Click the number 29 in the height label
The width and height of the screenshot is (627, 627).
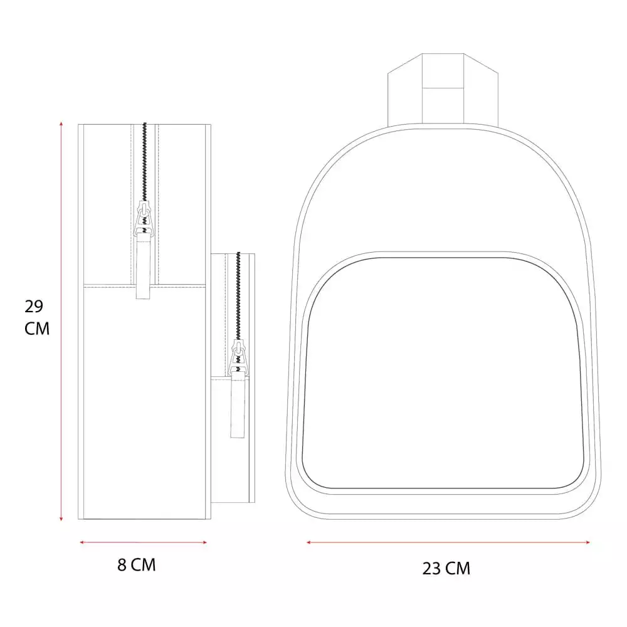34,307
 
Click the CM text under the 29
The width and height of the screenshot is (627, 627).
37,329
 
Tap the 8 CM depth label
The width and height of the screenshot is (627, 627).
136,565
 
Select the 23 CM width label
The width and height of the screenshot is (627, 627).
446,568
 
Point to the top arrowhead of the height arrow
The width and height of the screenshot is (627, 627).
61,124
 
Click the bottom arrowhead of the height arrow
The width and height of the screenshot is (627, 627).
61,519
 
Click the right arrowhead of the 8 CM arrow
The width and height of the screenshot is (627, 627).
205,542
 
